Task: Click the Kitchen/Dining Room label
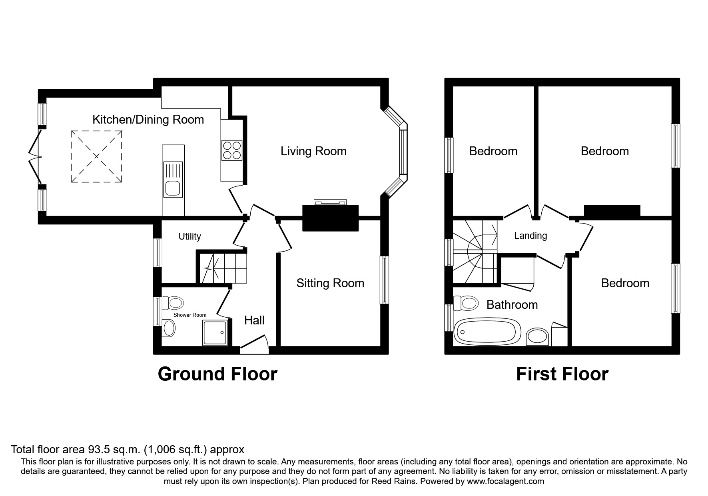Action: click(148, 120)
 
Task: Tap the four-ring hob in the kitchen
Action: click(232, 150)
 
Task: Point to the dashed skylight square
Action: click(96, 156)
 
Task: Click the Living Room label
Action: click(313, 151)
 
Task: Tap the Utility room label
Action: click(189, 236)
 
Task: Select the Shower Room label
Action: click(190, 315)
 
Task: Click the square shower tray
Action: click(216, 332)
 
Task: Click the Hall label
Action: click(254, 320)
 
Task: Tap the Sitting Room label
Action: click(330, 283)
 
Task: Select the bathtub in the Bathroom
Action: click(487, 332)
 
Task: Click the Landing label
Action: click(530, 236)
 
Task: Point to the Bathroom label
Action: click(512, 305)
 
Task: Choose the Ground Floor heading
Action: click(217, 374)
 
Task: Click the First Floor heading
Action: click(562, 374)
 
